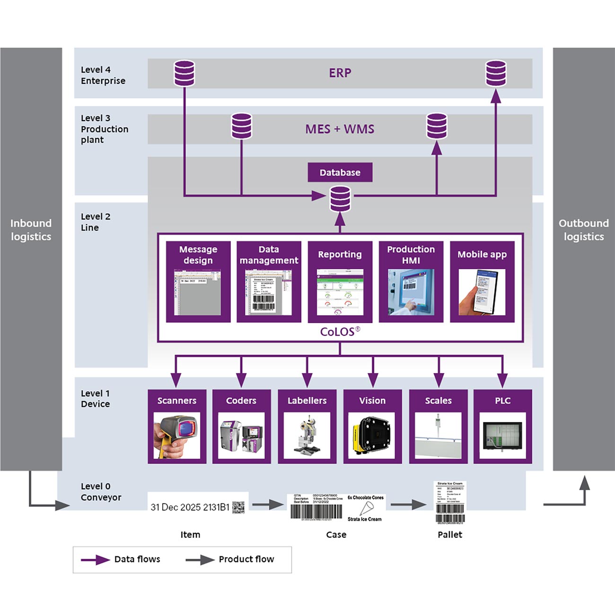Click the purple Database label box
click(340, 173)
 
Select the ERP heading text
click(340, 73)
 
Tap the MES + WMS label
click(340, 129)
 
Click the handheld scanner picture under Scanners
click(176, 436)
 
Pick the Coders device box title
click(241, 401)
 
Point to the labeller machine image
click(307, 436)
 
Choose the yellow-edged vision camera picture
click(372, 436)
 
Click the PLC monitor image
click(502, 436)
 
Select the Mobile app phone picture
click(482, 292)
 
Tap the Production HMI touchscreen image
click(411, 292)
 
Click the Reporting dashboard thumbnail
click(340, 292)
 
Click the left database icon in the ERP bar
click(184, 73)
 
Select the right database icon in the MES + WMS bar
click(436, 126)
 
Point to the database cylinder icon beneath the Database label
click(340, 199)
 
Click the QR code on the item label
click(238, 507)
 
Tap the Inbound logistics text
click(31, 230)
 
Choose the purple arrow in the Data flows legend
click(95, 560)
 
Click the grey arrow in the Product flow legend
click(200, 560)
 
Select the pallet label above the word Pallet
click(449, 502)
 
